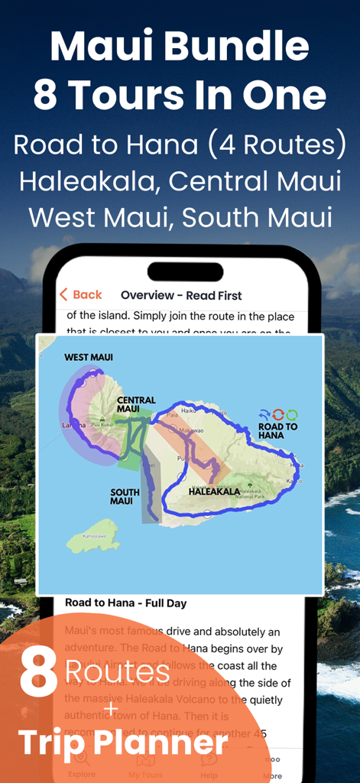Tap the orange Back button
pos(80,295)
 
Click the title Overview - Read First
pos(181,295)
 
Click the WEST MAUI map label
pos(88,357)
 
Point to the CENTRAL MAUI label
pos(136,404)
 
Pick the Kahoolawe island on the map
pos(93,537)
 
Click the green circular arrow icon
pos(291,415)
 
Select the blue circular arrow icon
pos(278,415)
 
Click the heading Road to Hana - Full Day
pos(125,603)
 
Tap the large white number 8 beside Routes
pos(39,673)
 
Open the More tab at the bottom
pos(273,768)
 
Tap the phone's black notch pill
pos(185,272)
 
